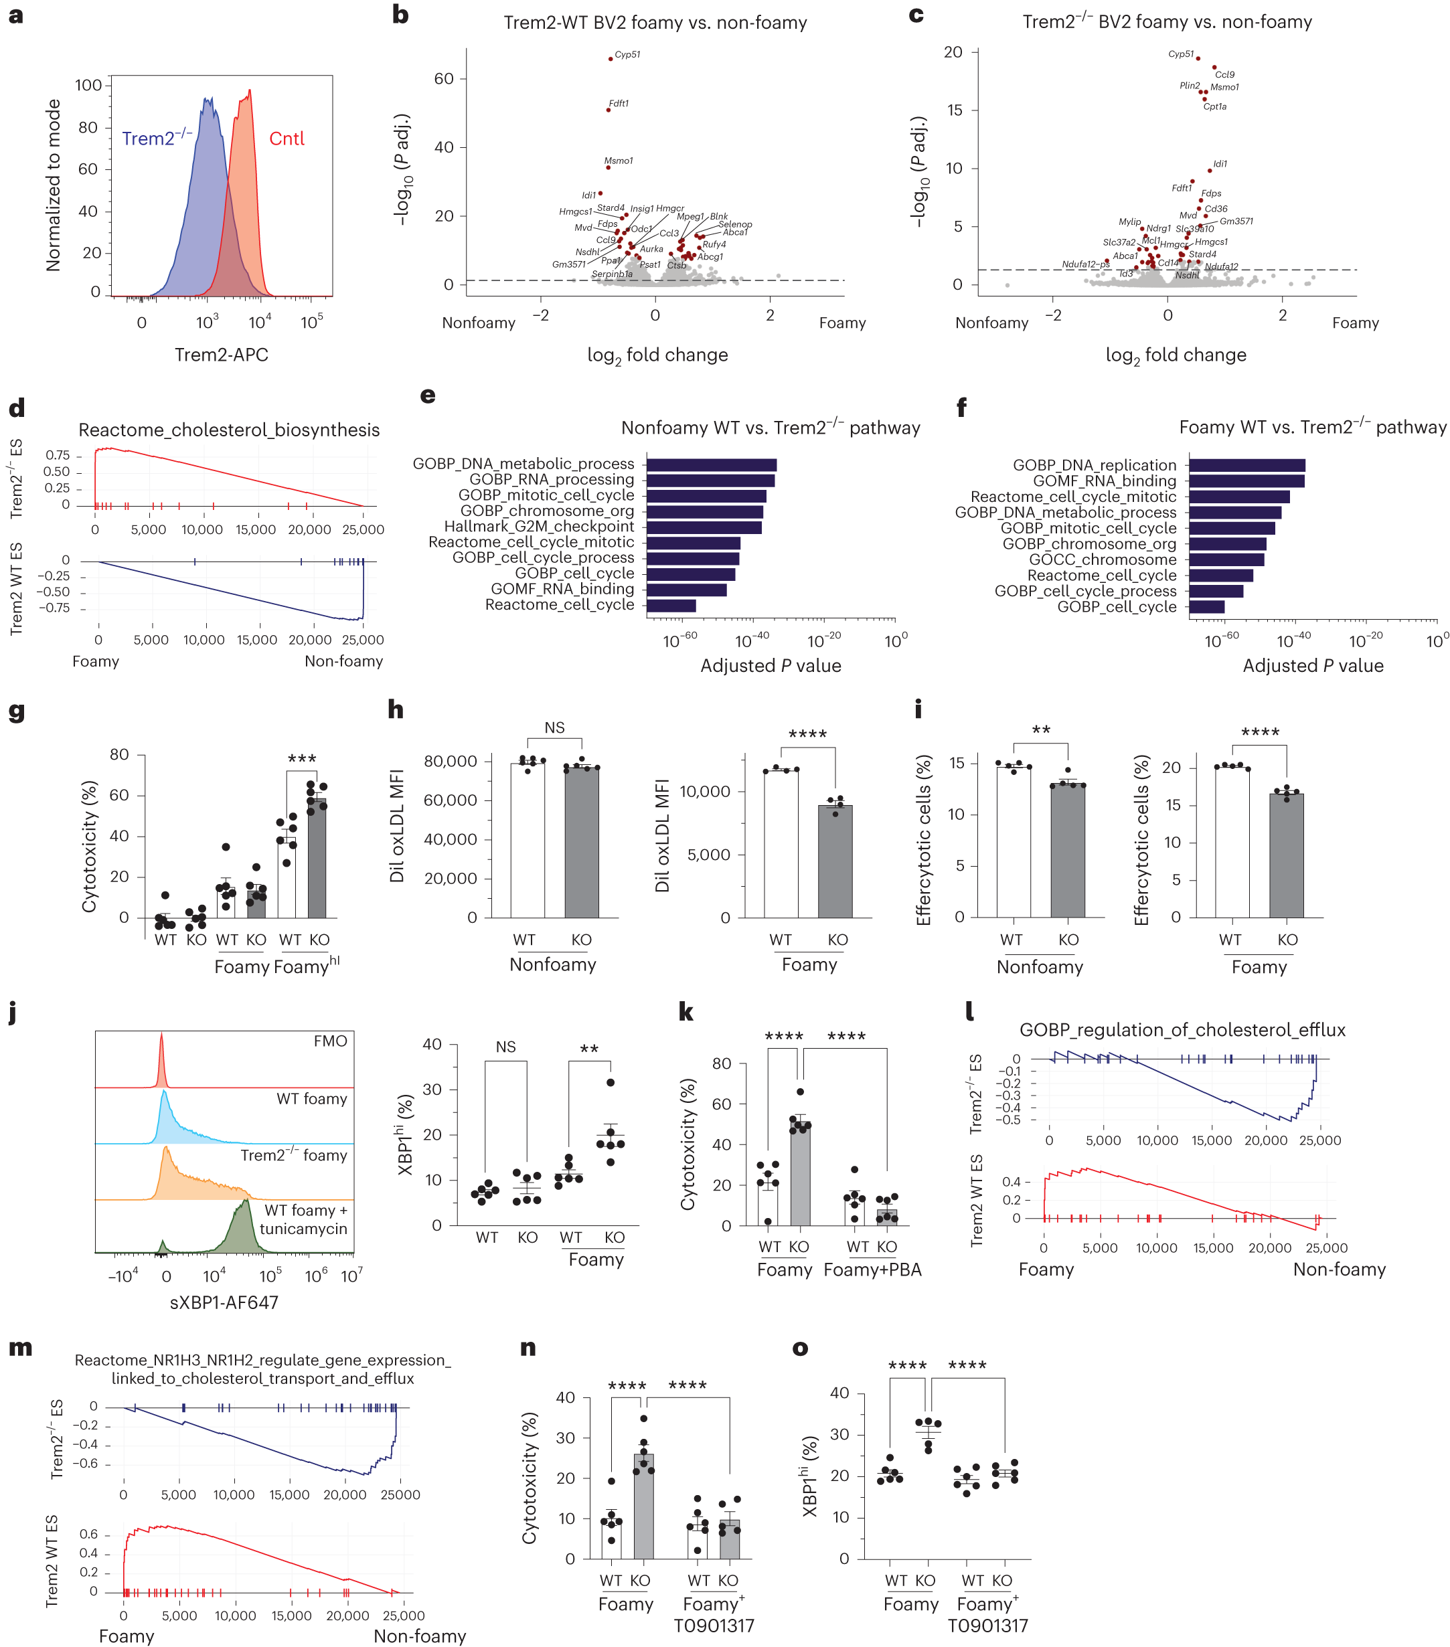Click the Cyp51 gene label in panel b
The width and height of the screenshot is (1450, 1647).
(627, 55)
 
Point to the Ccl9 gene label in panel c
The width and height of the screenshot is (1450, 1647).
(1224, 75)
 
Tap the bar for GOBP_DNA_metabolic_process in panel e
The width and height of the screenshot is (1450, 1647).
(710, 465)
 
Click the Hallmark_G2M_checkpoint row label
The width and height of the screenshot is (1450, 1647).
(538, 526)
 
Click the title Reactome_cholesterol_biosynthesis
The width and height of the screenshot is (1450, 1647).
(228, 430)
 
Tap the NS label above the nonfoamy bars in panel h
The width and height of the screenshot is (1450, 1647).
(554, 727)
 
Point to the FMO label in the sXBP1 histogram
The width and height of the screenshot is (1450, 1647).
(329, 1041)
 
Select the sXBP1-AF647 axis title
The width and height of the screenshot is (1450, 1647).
(224, 1302)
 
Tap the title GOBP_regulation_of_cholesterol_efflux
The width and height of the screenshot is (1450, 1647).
(1182, 1030)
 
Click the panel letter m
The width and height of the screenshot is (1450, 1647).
(20, 1347)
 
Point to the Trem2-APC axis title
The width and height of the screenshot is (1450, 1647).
(221, 355)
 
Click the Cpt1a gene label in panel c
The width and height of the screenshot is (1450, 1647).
(1214, 106)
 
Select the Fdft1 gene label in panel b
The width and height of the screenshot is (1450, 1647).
(618, 103)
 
